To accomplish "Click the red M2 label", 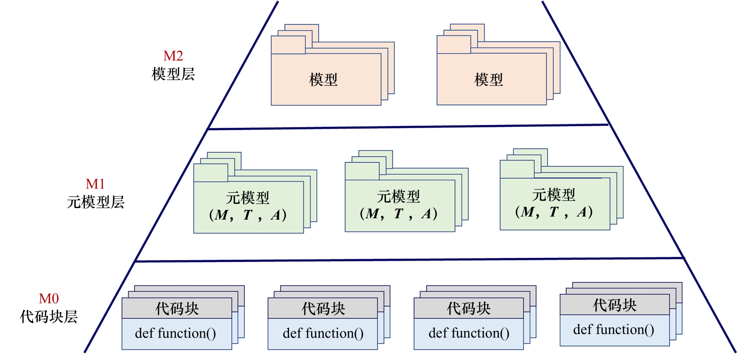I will pos(173,56).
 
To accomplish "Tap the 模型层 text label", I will pos(173,74).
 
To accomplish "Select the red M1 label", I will pos(95,184).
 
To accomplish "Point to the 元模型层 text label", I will pos(95,202).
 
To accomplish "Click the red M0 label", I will pos(48,299).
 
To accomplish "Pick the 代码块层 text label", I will pos(48,316).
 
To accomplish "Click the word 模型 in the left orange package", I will pos(323,80).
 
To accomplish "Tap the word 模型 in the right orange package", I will pos(488,80).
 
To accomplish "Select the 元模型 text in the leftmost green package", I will pos(247,198).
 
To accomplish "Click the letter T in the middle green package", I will pos(399,214).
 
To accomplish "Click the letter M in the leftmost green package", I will pos(221,215).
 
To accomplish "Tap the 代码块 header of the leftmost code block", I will pos(177,309).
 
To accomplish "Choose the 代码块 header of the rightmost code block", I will pos(615,305).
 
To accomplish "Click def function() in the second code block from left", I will pos(323,334).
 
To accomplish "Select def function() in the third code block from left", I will pos(469,334).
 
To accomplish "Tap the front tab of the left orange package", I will pos(288,45).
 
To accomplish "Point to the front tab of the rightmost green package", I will pos(517,169).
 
